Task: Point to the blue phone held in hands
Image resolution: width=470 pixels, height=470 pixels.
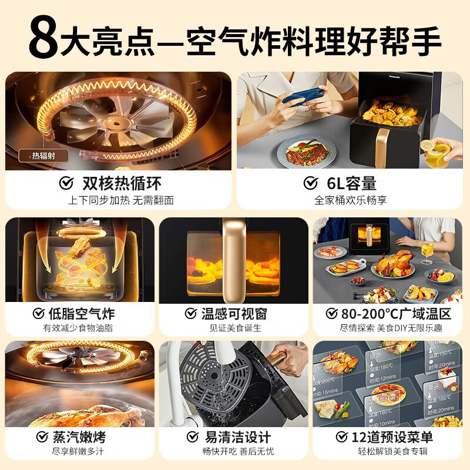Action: click(x=303, y=93)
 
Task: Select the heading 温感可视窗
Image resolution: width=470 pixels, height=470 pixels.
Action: click(x=241, y=313)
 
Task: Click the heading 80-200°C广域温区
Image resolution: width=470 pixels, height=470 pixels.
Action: click(x=392, y=313)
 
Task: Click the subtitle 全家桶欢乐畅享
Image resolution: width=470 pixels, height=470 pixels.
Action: click(x=350, y=200)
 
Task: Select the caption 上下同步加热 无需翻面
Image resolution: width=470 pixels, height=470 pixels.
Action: click(x=120, y=200)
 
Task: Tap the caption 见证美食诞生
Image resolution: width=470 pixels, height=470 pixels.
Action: click(x=235, y=328)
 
